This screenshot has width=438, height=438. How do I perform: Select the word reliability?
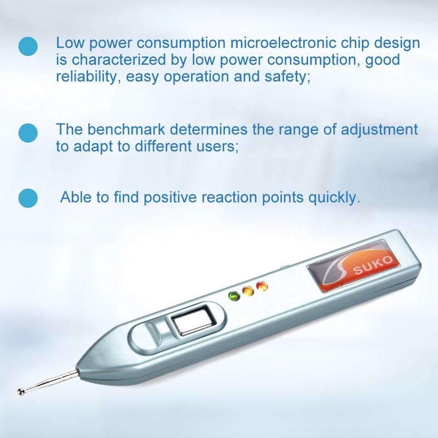click(x=85, y=77)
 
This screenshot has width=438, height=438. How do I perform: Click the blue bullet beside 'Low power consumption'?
click(x=28, y=46)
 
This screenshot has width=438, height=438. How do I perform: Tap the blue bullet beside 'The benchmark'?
click(x=28, y=132)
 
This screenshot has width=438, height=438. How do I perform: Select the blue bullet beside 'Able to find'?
click(x=28, y=198)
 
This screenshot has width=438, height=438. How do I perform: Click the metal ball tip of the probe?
click(x=21, y=391)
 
